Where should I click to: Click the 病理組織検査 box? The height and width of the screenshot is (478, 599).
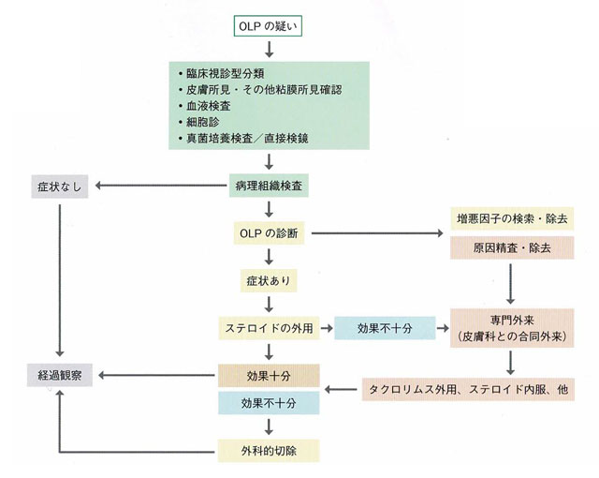(x=268, y=185)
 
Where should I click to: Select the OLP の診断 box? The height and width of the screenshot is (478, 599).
(x=268, y=232)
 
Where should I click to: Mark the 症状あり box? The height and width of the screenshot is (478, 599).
(x=268, y=279)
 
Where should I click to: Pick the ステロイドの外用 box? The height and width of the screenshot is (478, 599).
(x=268, y=328)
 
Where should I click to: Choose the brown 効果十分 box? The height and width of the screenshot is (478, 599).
(x=268, y=377)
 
